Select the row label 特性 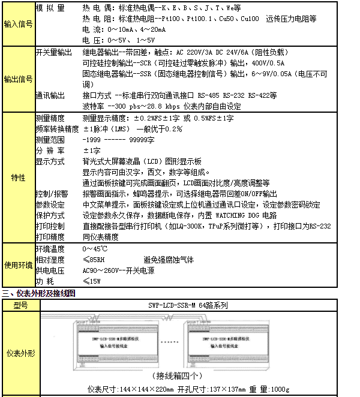(x=18, y=178)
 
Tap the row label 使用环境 (x=18, y=264)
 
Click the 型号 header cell (x=20, y=305)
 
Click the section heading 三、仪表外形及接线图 (x=38, y=293)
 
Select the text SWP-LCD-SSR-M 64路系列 (x=188, y=305)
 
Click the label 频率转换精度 (x=57, y=129)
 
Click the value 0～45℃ (x=95, y=249)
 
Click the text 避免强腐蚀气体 (x=169, y=260)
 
